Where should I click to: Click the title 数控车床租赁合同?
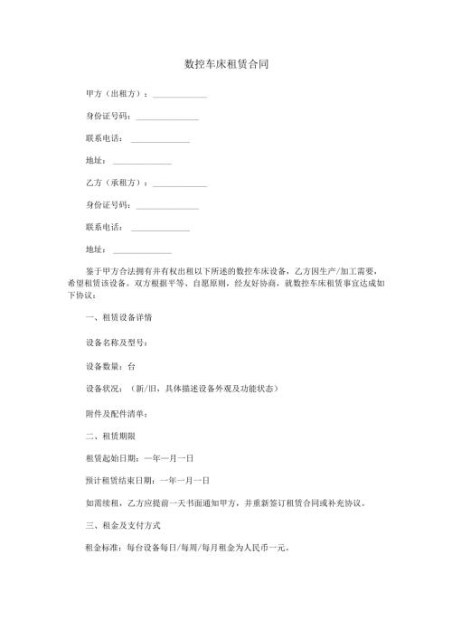click(x=225, y=65)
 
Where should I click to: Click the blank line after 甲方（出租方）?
click(x=180, y=95)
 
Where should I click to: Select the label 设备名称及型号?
click(x=115, y=343)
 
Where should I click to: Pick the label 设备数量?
click(x=104, y=367)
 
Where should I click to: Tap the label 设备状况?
click(x=104, y=390)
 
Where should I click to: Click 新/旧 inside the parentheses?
click(x=147, y=390)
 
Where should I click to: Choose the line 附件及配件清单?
click(x=115, y=415)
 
